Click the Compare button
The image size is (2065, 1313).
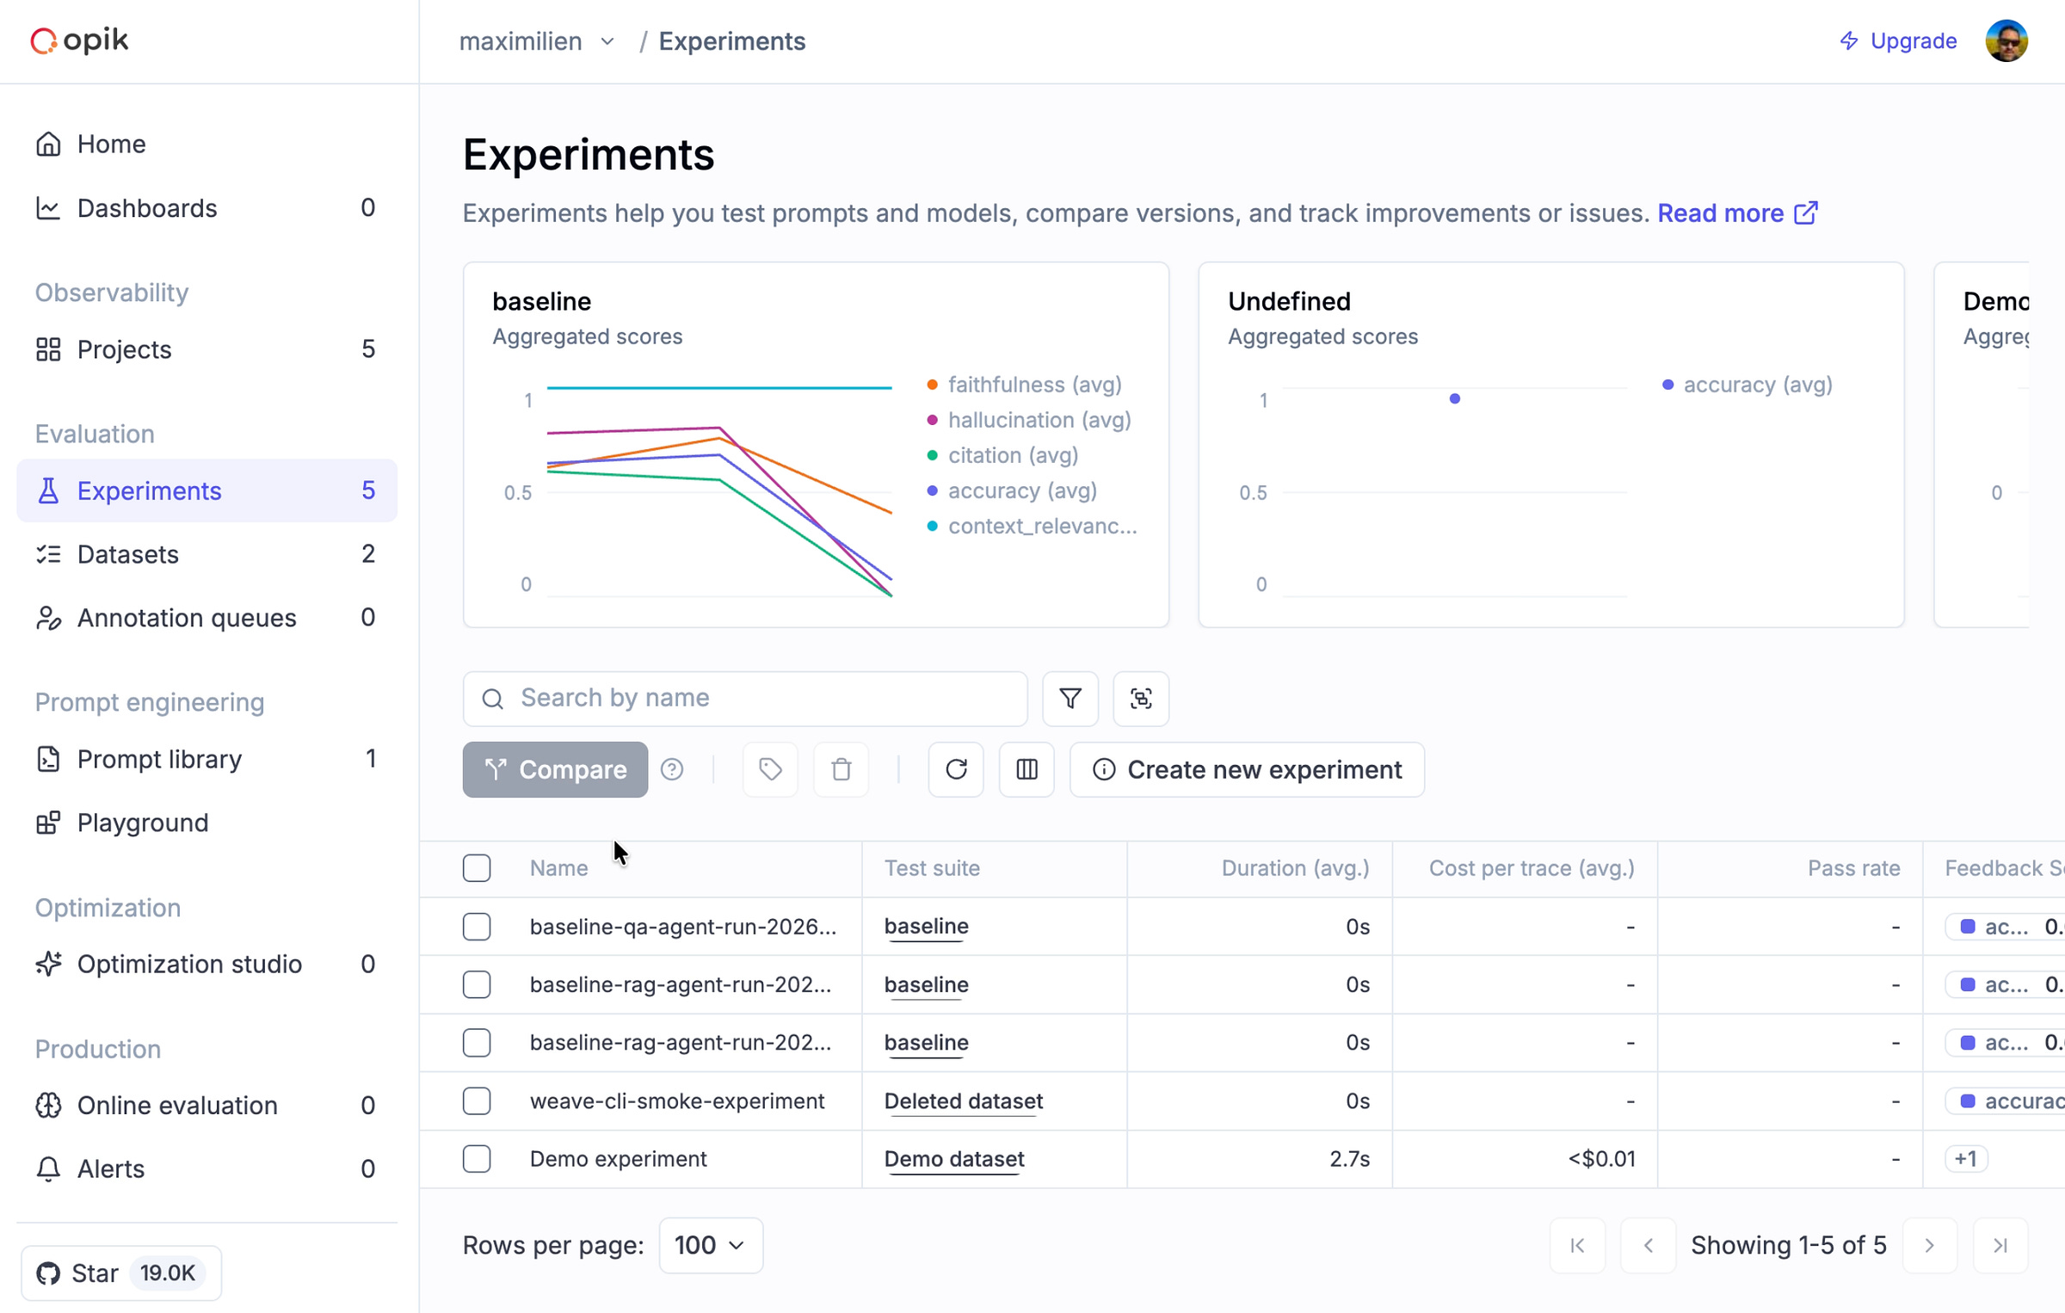click(555, 769)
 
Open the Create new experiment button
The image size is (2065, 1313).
click(1247, 769)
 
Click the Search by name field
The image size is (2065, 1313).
click(757, 698)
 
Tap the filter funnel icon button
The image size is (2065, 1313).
click(1070, 698)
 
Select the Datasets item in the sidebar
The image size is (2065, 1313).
click(128, 554)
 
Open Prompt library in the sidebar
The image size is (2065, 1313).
click(159, 759)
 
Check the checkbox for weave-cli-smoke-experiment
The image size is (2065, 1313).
click(477, 1100)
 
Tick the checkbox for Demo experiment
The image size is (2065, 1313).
click(477, 1159)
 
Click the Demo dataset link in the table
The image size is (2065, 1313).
click(954, 1159)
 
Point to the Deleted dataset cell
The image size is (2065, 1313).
click(963, 1100)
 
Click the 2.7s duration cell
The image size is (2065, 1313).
click(1349, 1159)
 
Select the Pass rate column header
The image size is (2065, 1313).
click(1853, 868)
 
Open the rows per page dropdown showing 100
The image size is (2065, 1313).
click(710, 1245)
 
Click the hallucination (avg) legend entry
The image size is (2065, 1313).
click(1039, 420)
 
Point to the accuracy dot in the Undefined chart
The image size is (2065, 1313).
click(1454, 398)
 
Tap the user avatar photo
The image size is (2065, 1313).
click(2006, 41)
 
